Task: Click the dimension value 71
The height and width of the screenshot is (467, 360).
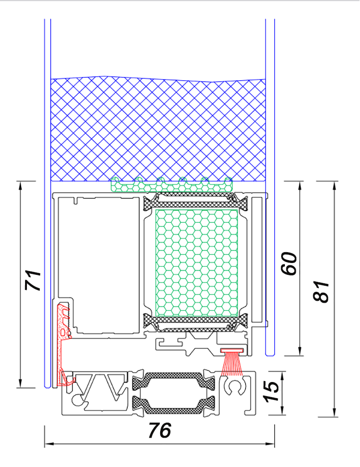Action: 33,280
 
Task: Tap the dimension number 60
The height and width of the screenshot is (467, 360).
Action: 289,263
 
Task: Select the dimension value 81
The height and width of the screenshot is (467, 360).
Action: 321,291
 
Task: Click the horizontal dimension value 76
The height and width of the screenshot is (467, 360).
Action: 160,430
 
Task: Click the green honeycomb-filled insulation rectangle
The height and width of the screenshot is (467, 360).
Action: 197,263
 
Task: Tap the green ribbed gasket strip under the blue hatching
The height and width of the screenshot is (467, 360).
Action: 171,185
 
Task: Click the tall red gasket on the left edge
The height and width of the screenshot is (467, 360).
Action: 62,342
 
